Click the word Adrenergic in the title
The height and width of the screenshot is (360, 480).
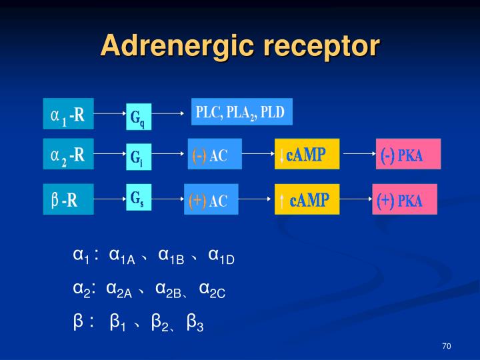pos(176,47)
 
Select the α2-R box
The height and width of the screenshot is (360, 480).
pos(68,155)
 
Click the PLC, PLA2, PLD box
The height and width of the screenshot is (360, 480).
pos(241,112)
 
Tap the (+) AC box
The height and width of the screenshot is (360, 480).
pos(211,200)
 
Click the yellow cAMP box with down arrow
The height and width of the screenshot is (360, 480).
pos(307,155)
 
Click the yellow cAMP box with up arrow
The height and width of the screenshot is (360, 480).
pos(306,199)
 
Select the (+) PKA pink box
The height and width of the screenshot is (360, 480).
pos(405,200)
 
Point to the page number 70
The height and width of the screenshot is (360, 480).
pos(447,346)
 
